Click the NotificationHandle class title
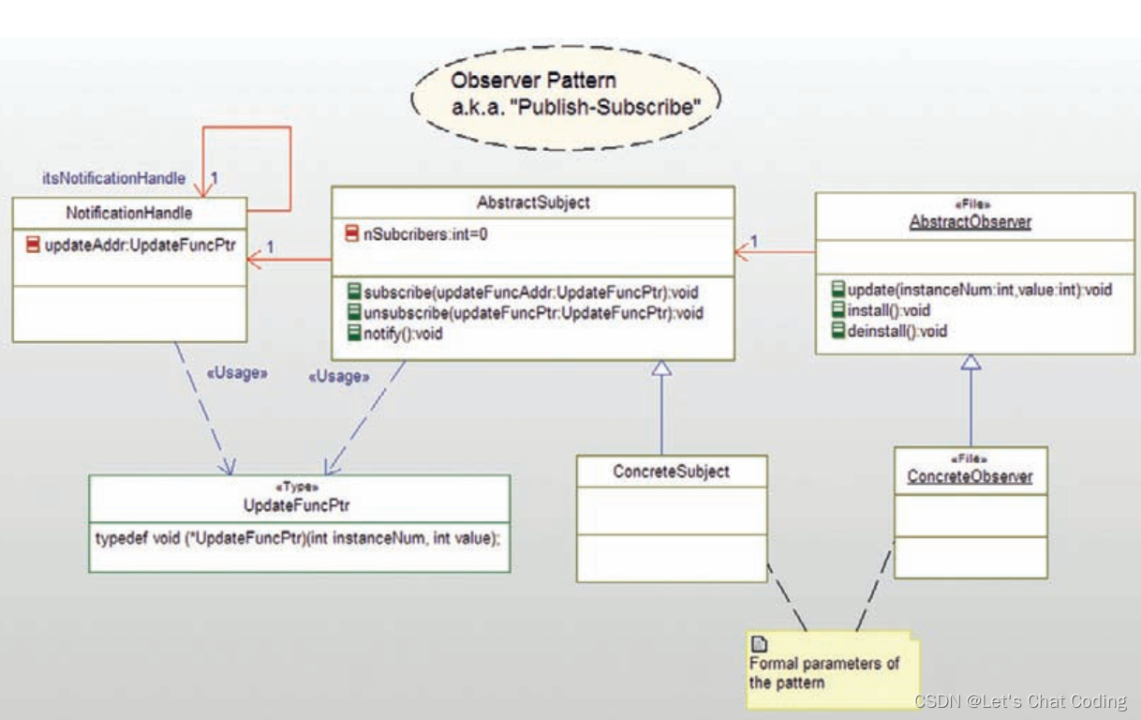click(x=129, y=213)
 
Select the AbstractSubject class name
click(x=533, y=202)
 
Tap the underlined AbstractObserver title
click(x=971, y=222)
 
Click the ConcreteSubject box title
click(x=672, y=472)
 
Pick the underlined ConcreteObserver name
click(x=970, y=476)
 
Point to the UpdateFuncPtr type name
click(x=296, y=505)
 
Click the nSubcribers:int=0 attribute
click(x=425, y=234)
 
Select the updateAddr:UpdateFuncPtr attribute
click(x=141, y=246)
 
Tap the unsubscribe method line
click(x=533, y=312)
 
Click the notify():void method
click(x=403, y=334)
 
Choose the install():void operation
click(x=889, y=310)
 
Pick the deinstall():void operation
click(x=897, y=331)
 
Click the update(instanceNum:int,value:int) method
click(x=980, y=290)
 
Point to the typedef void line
click(x=298, y=538)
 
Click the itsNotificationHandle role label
click(x=113, y=178)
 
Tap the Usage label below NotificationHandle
click(x=237, y=373)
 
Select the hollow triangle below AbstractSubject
click(x=661, y=368)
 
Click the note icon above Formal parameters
click(x=759, y=645)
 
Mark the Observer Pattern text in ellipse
click(x=533, y=80)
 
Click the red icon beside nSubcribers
click(x=352, y=233)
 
